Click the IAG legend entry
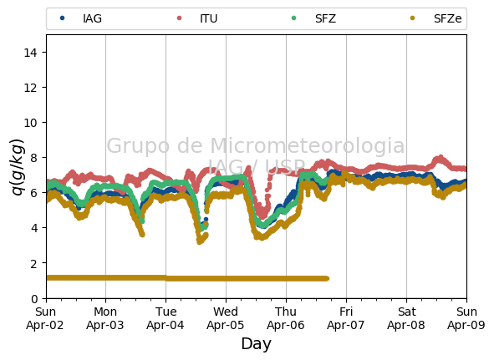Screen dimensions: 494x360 (81, 18)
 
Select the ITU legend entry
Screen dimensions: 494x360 (197, 18)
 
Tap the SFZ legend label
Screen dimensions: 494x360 (325, 18)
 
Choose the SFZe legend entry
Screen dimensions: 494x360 (436, 18)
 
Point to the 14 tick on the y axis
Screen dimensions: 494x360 (30, 53)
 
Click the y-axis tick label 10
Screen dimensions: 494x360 (30, 123)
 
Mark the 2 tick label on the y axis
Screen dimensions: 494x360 (33, 264)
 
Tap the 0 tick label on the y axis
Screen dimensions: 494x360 (34, 298)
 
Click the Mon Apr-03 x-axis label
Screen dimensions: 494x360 (105, 318)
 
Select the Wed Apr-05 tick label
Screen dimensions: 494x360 (226, 318)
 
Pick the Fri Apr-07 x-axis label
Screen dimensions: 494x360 (345, 318)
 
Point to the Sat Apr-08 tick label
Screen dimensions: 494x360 (405, 318)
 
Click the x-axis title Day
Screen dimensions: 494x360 (256, 343)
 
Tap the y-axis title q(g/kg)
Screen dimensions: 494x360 (18, 167)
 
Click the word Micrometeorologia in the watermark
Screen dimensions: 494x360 (307, 145)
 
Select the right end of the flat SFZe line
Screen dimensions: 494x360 (327, 278)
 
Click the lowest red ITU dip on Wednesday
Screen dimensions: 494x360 (262, 216)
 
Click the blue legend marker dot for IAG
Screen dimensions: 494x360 (63, 18)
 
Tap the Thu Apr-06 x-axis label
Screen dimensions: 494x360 (286, 318)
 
